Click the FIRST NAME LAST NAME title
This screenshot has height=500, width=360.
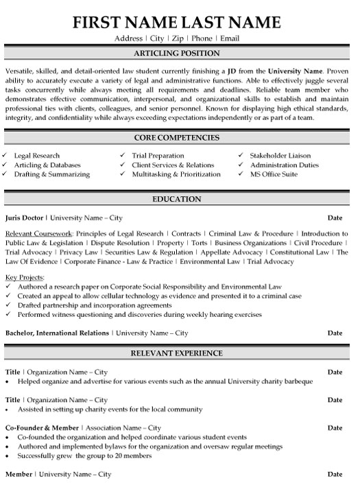180,21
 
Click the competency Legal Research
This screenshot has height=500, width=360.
37,156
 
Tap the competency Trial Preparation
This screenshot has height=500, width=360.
159,156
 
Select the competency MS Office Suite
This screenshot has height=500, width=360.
273,174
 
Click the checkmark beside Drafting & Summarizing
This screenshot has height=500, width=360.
6,174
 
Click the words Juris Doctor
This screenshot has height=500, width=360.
24,217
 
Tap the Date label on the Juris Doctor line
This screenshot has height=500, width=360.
335,217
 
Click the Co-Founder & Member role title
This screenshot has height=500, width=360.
41,428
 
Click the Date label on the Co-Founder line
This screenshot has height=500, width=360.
335,428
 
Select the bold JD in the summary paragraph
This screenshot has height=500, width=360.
234,71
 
